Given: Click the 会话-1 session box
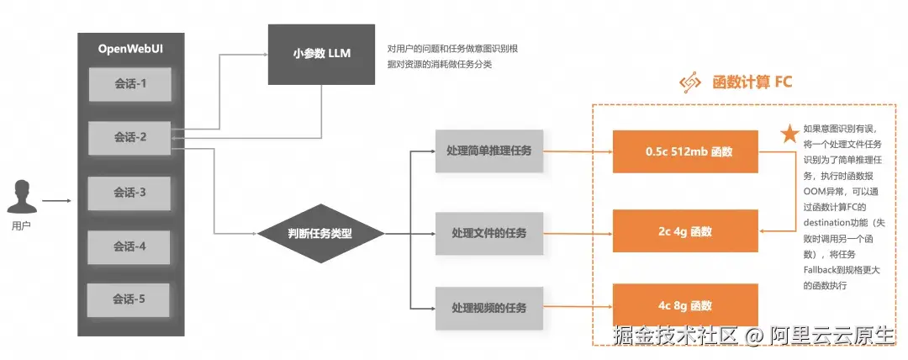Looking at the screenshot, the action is click(129, 84).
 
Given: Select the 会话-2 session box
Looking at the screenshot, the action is click(129, 138).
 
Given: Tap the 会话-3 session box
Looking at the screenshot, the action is click(129, 193).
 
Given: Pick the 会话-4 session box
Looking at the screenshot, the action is click(129, 247).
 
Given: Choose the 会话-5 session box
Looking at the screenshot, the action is click(129, 299).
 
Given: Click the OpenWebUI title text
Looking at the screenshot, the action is click(131, 50).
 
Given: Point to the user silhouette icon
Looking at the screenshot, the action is click(22, 197).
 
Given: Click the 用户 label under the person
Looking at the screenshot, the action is click(21, 226).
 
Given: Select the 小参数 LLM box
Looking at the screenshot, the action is click(321, 54).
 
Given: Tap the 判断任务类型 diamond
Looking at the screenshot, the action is click(320, 234).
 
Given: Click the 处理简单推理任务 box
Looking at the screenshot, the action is click(489, 151).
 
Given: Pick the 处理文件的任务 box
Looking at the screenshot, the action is click(489, 233).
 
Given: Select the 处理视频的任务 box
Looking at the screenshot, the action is click(489, 308).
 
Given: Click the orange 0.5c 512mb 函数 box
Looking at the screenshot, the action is click(686, 152).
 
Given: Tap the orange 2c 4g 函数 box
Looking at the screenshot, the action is click(686, 231).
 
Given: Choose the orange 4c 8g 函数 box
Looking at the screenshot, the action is click(686, 305).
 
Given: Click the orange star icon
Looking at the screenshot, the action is click(789, 134).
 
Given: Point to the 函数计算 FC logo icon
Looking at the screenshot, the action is click(690, 82).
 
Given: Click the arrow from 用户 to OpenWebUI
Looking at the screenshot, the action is click(57, 201).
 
